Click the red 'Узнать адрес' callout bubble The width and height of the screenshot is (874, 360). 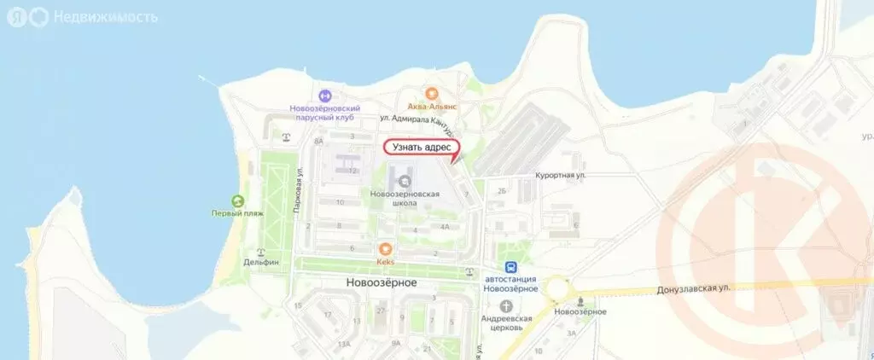tap(421, 148)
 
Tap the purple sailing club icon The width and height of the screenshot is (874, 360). tap(324, 96)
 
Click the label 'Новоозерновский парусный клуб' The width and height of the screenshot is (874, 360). tap(325, 113)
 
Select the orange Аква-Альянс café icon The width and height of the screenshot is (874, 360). tap(432, 94)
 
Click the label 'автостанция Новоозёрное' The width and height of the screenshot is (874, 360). tap(511, 283)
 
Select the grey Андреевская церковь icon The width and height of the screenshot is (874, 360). tap(508, 305)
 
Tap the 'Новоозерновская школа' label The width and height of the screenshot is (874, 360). tap(405, 199)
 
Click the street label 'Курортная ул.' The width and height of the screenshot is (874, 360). tap(560, 175)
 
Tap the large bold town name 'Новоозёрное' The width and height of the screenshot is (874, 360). tap(381, 282)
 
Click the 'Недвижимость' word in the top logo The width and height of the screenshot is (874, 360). tap(105, 16)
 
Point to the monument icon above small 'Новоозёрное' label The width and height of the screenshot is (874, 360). tap(580, 301)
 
